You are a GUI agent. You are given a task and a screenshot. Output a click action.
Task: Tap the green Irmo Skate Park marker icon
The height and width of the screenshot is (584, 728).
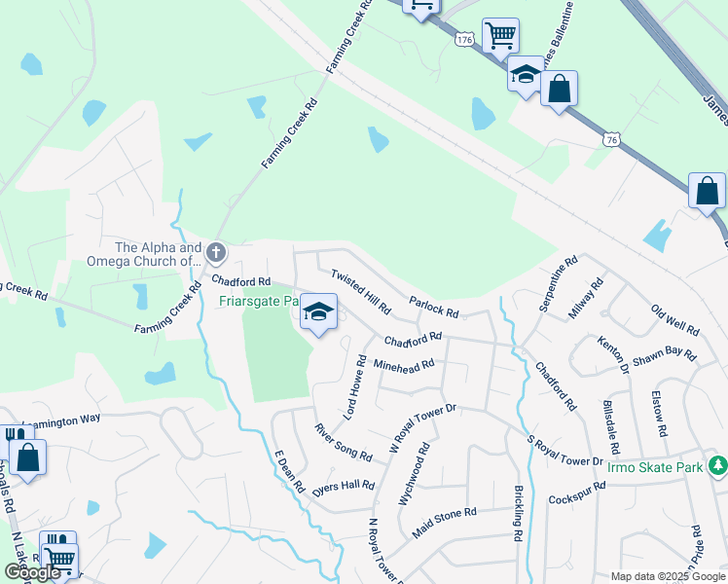(x=717, y=466)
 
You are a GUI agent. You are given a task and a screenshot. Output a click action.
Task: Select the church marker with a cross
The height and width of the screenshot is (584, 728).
(x=216, y=254)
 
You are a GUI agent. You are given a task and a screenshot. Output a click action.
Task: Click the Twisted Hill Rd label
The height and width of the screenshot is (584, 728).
(x=360, y=292)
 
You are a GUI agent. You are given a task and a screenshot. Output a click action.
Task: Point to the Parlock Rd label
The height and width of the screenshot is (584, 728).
(x=433, y=308)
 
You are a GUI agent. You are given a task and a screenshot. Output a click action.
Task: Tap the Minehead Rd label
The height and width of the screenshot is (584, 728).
(x=403, y=368)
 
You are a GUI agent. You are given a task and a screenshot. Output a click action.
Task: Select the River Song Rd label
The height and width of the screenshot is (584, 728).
(x=343, y=442)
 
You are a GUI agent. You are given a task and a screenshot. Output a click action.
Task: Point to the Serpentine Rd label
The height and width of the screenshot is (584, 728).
(x=559, y=284)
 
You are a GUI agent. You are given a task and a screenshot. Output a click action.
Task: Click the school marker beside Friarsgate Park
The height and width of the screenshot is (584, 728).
(x=318, y=312)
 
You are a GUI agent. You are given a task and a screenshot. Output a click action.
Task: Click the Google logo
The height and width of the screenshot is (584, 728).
(x=33, y=572)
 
